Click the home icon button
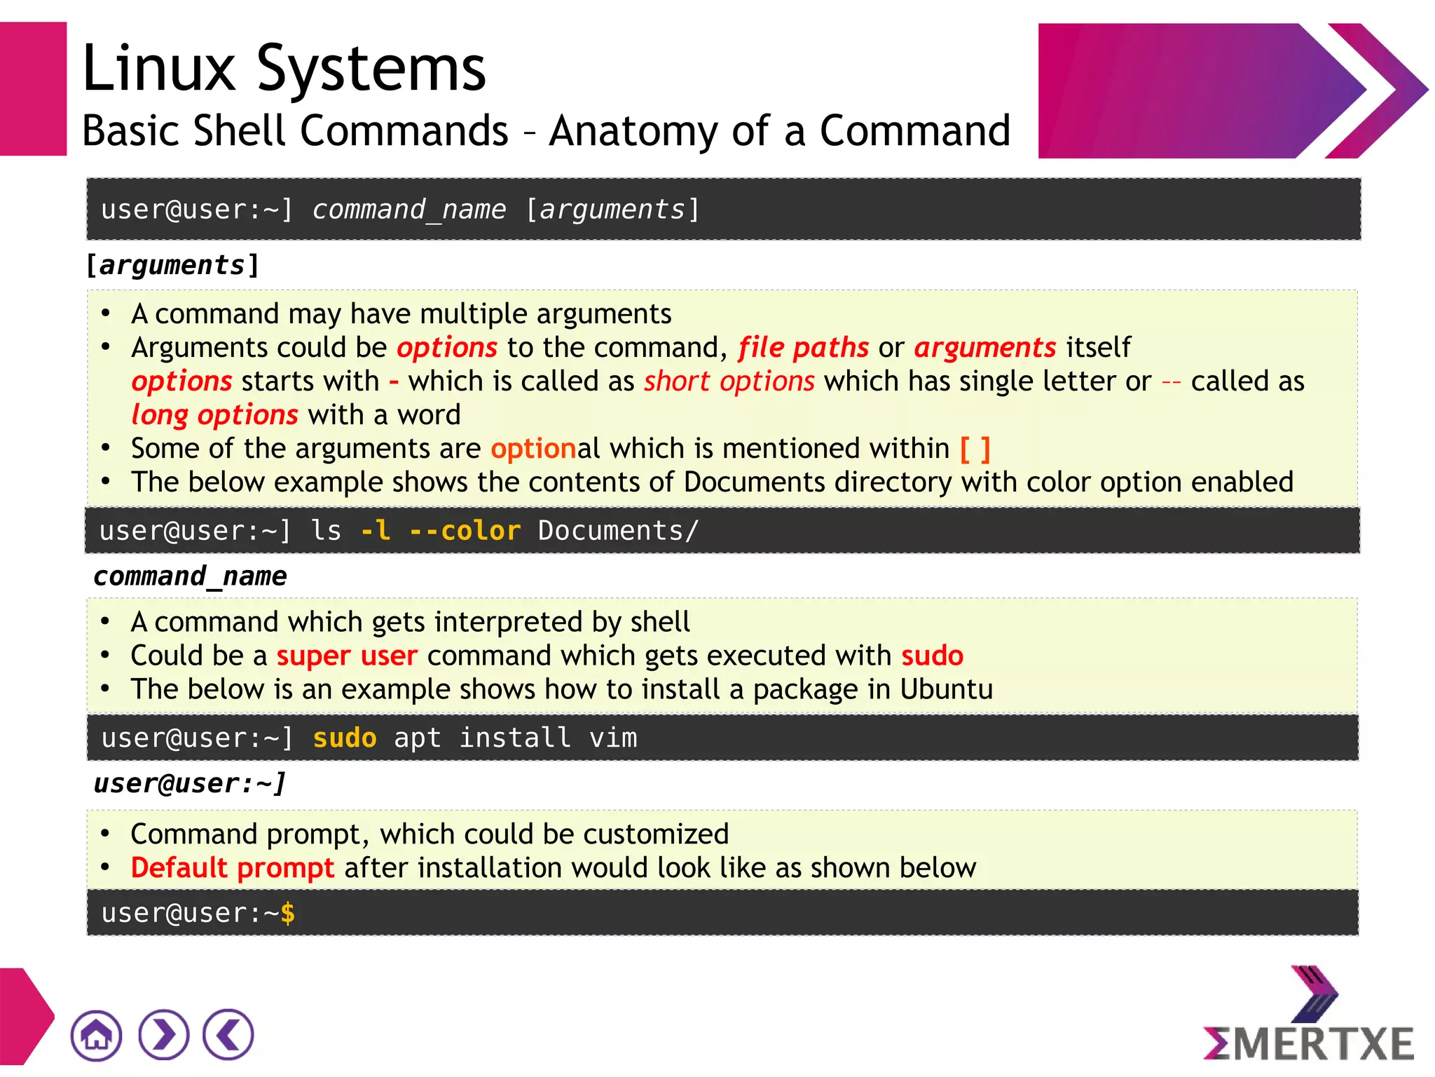[96, 1035]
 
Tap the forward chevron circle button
[163, 1035]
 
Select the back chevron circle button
[228, 1035]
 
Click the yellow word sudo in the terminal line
[345, 738]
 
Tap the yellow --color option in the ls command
[465, 531]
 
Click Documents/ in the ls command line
[618, 531]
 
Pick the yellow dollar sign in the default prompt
[287, 913]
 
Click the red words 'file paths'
[803, 348]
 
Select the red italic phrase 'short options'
[729, 381]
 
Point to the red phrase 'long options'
[215, 415]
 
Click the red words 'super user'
[347, 656]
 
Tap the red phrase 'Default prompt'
[233, 868]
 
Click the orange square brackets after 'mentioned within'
[975, 449]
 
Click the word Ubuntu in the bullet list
[947, 690]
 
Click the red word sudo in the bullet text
[932, 656]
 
